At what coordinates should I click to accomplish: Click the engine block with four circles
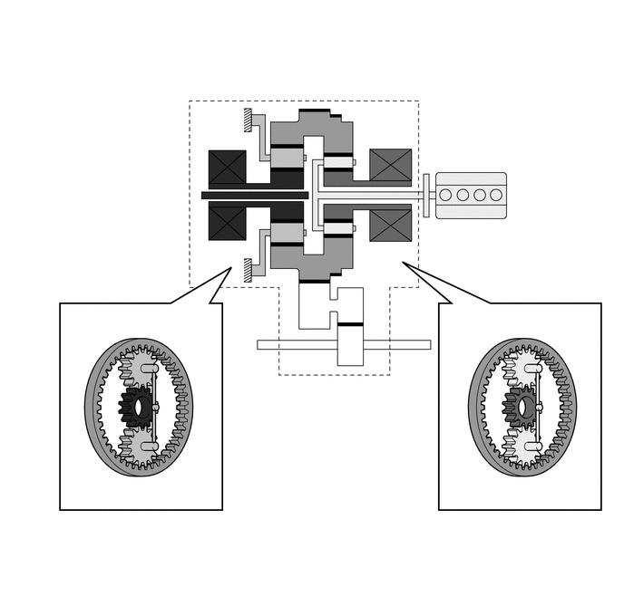(x=471, y=195)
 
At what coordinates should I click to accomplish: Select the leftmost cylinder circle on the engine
(x=445, y=195)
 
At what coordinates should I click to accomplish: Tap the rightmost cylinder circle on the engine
(x=496, y=195)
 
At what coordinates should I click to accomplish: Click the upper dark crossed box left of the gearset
(x=228, y=167)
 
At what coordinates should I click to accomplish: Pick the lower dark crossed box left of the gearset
(x=228, y=223)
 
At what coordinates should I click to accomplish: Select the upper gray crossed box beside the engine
(x=391, y=166)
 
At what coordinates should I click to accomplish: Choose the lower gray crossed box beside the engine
(x=391, y=225)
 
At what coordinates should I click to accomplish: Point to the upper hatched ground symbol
(x=248, y=119)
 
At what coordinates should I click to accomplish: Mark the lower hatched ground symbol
(x=248, y=269)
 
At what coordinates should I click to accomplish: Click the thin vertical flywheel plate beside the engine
(x=425, y=195)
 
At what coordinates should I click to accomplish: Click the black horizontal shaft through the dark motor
(x=255, y=195)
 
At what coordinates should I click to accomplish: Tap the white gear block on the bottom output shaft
(x=350, y=344)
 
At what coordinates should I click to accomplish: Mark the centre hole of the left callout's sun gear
(x=138, y=408)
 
